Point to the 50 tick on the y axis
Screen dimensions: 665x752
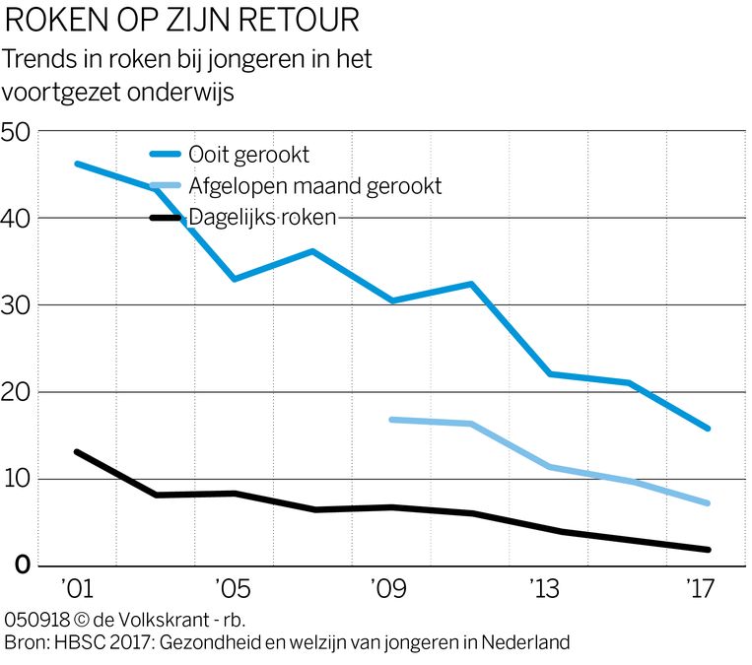pos(19,132)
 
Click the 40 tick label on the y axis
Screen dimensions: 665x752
pos(19,219)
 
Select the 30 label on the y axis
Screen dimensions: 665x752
pos(19,305)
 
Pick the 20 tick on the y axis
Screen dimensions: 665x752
pos(19,392)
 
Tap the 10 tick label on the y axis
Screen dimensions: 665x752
pos(19,480)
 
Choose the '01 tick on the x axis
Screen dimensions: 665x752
pos(75,591)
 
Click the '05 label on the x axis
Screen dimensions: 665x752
pos(232,591)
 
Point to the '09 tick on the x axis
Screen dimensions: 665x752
pos(388,591)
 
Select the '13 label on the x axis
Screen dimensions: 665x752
pos(544,591)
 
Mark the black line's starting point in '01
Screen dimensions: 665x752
pos(76,452)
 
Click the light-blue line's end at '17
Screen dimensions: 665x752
pos(708,503)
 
